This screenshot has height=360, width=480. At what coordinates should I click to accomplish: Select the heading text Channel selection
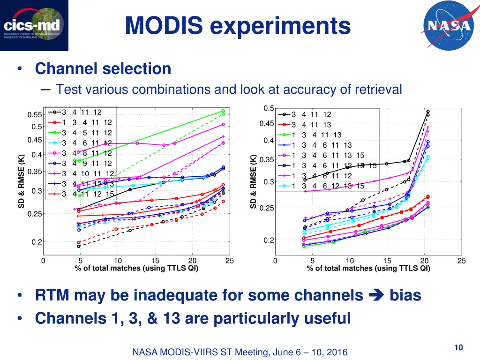point(103,69)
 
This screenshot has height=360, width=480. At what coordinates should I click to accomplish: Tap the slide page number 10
point(458,347)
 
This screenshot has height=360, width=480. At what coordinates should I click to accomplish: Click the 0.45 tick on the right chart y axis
point(266,124)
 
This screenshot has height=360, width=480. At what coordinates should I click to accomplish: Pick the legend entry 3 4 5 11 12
point(87,133)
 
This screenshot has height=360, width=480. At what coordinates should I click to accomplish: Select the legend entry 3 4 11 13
point(311,125)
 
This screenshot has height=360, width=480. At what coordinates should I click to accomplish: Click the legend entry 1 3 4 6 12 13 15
point(328,186)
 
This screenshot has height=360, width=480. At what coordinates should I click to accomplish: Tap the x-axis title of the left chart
point(136,268)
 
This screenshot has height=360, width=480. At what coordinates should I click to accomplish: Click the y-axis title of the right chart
point(253,182)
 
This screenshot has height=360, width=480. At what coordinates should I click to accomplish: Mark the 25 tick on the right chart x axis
point(462,261)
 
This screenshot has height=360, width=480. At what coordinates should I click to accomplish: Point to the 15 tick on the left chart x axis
point(155,261)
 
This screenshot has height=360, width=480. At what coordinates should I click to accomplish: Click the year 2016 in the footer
point(336,352)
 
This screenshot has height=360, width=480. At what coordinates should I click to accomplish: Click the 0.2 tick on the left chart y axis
point(37,242)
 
